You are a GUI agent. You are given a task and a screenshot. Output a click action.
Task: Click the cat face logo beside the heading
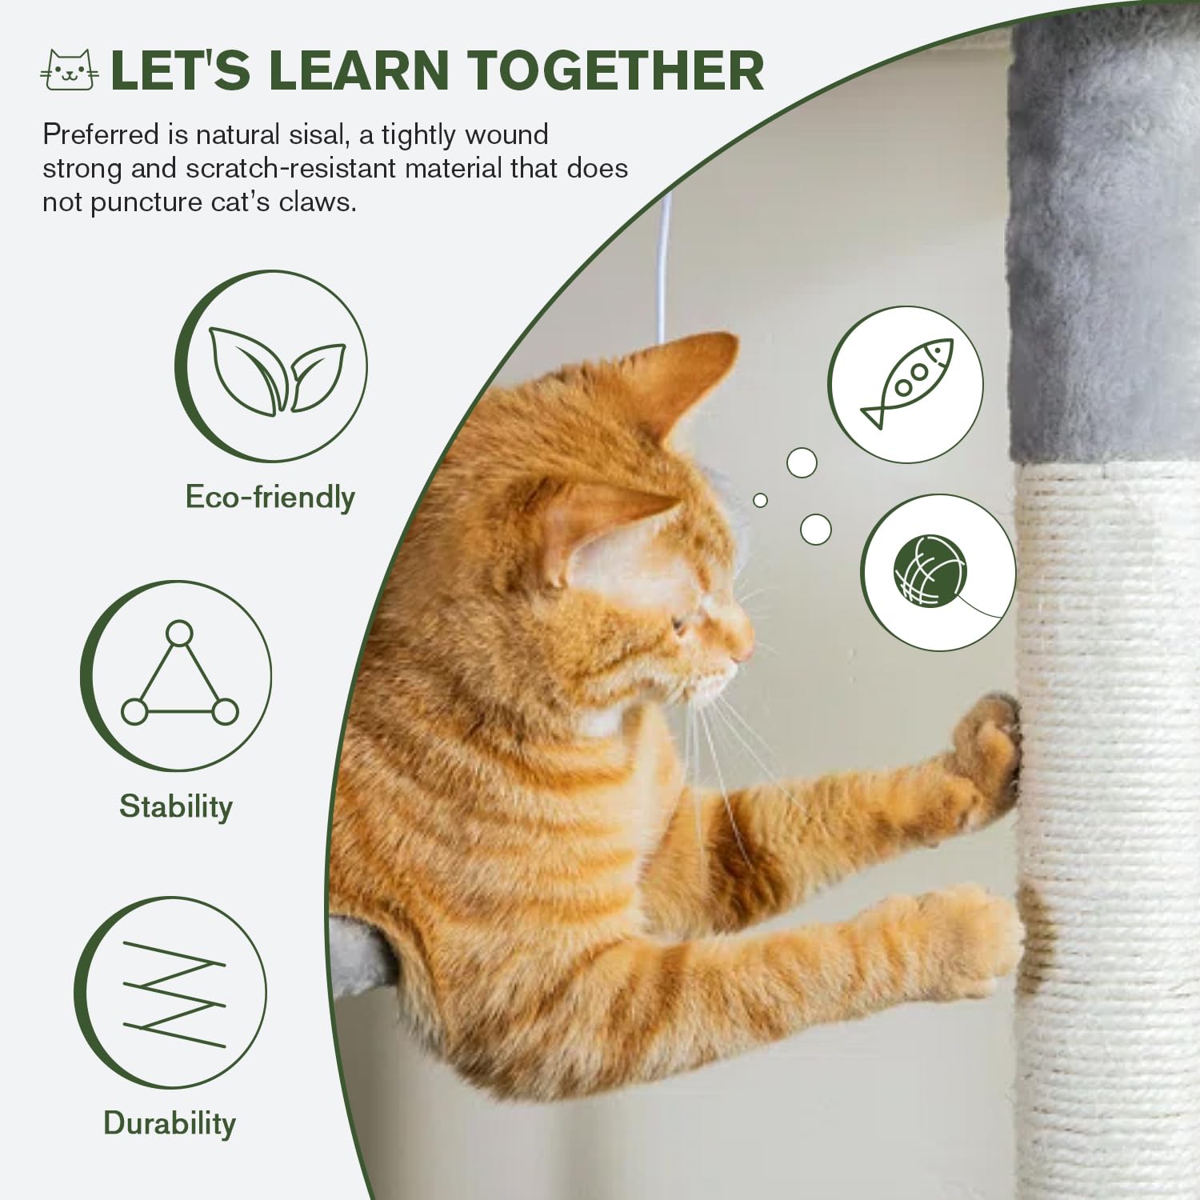(x=70, y=70)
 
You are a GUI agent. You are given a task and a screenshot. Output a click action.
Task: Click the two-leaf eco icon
(x=276, y=370)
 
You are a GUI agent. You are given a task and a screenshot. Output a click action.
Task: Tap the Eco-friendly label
(x=270, y=497)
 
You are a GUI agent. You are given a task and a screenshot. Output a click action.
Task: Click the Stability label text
(x=176, y=806)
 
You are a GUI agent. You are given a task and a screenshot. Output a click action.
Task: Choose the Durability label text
(x=170, y=1123)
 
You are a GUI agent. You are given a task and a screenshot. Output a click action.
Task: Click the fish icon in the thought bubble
(x=906, y=385)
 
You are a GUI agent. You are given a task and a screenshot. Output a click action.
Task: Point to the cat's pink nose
(x=749, y=650)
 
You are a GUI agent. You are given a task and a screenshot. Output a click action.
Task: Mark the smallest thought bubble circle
(x=760, y=500)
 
